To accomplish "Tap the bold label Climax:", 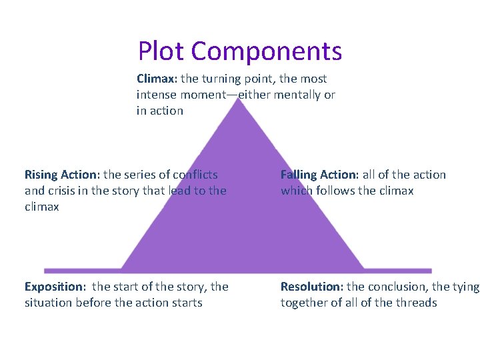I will click(x=158, y=79).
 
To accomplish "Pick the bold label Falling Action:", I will click(x=319, y=175).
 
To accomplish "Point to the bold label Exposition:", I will click(x=55, y=287).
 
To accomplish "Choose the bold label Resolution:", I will click(x=311, y=287).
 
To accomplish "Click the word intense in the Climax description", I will click(x=157, y=95).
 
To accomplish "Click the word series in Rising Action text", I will click(x=141, y=175).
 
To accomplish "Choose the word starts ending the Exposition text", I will click(x=187, y=303).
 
